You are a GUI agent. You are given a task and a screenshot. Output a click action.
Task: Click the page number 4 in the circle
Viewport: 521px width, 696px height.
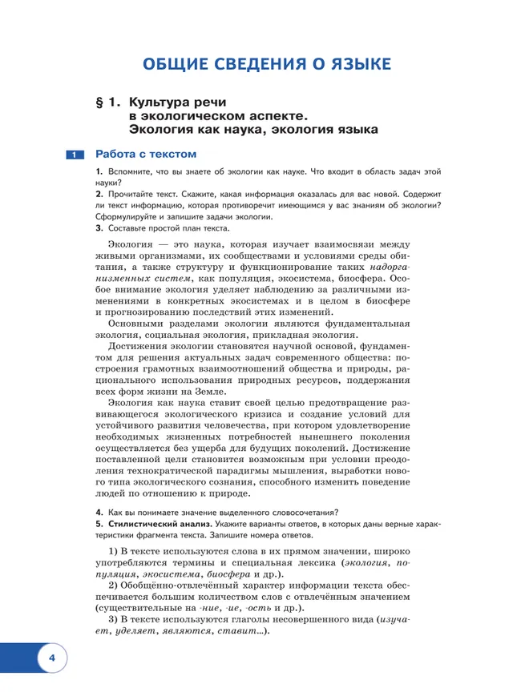pos(50,658)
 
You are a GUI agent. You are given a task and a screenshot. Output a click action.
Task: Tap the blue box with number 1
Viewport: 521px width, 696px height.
pos(72,155)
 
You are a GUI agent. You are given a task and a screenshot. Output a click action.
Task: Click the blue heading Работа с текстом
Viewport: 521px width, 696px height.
pos(145,155)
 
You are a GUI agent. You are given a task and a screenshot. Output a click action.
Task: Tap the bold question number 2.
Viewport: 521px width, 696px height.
pos(98,195)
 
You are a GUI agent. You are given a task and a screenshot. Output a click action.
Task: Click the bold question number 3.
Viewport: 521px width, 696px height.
pos(98,228)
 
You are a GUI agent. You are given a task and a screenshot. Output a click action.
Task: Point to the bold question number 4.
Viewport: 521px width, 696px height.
pos(98,513)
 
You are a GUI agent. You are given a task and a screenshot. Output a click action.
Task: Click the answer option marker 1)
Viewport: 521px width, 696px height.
pos(113,552)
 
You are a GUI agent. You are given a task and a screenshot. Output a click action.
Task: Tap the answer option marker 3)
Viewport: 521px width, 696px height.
pos(113,619)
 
